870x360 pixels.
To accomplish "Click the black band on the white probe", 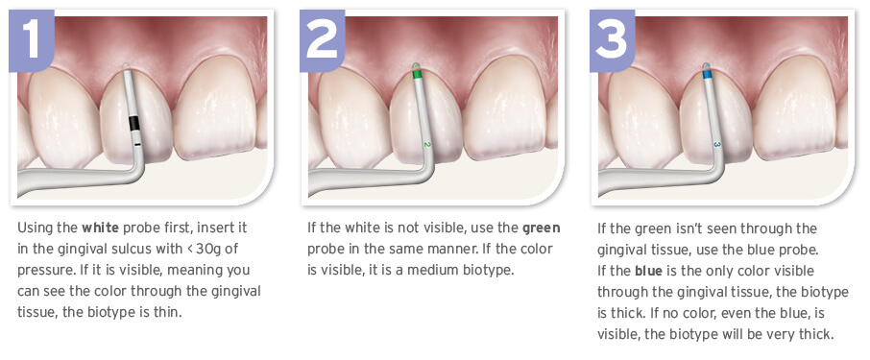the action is point(133,124).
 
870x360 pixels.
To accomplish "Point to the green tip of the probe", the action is point(418,73).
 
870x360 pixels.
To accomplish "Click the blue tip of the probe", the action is point(707,73).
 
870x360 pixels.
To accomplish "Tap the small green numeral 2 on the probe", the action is point(427,145).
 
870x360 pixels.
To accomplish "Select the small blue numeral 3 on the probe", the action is point(717,145).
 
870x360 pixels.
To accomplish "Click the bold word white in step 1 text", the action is point(101,228).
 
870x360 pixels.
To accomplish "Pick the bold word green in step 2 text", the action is point(541,228).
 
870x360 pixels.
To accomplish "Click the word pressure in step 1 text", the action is point(41,272).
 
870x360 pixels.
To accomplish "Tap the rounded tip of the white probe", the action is point(127,67).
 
